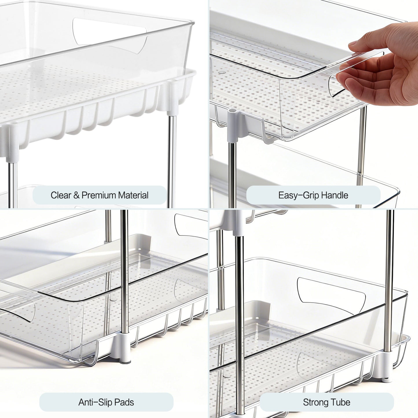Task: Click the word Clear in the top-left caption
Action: (61, 195)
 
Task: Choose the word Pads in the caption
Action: (124, 402)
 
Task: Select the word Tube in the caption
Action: (341, 402)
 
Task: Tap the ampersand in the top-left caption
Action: (76, 195)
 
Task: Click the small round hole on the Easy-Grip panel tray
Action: (222, 72)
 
